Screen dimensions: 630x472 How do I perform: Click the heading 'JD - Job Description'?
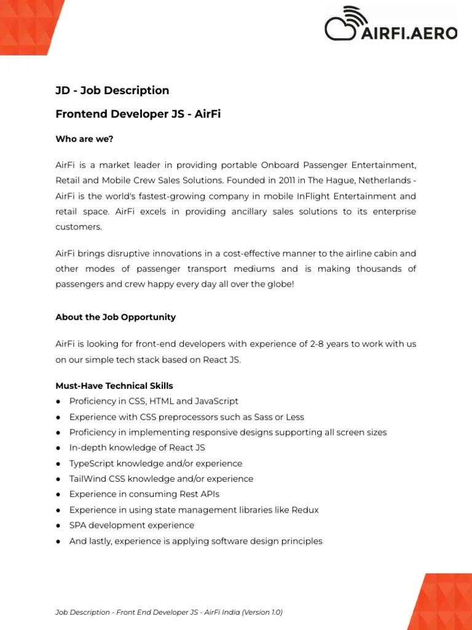(x=112, y=90)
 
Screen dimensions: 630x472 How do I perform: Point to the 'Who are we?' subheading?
(x=84, y=139)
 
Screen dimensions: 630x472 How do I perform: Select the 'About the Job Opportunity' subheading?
(x=116, y=317)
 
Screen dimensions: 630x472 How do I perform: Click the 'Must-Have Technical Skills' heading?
(x=114, y=386)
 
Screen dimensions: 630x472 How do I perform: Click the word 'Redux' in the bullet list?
(x=305, y=510)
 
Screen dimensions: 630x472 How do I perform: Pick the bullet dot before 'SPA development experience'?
(x=58, y=525)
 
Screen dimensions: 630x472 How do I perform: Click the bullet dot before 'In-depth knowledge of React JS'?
(x=58, y=448)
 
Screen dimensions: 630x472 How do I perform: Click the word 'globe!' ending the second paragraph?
(x=280, y=284)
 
